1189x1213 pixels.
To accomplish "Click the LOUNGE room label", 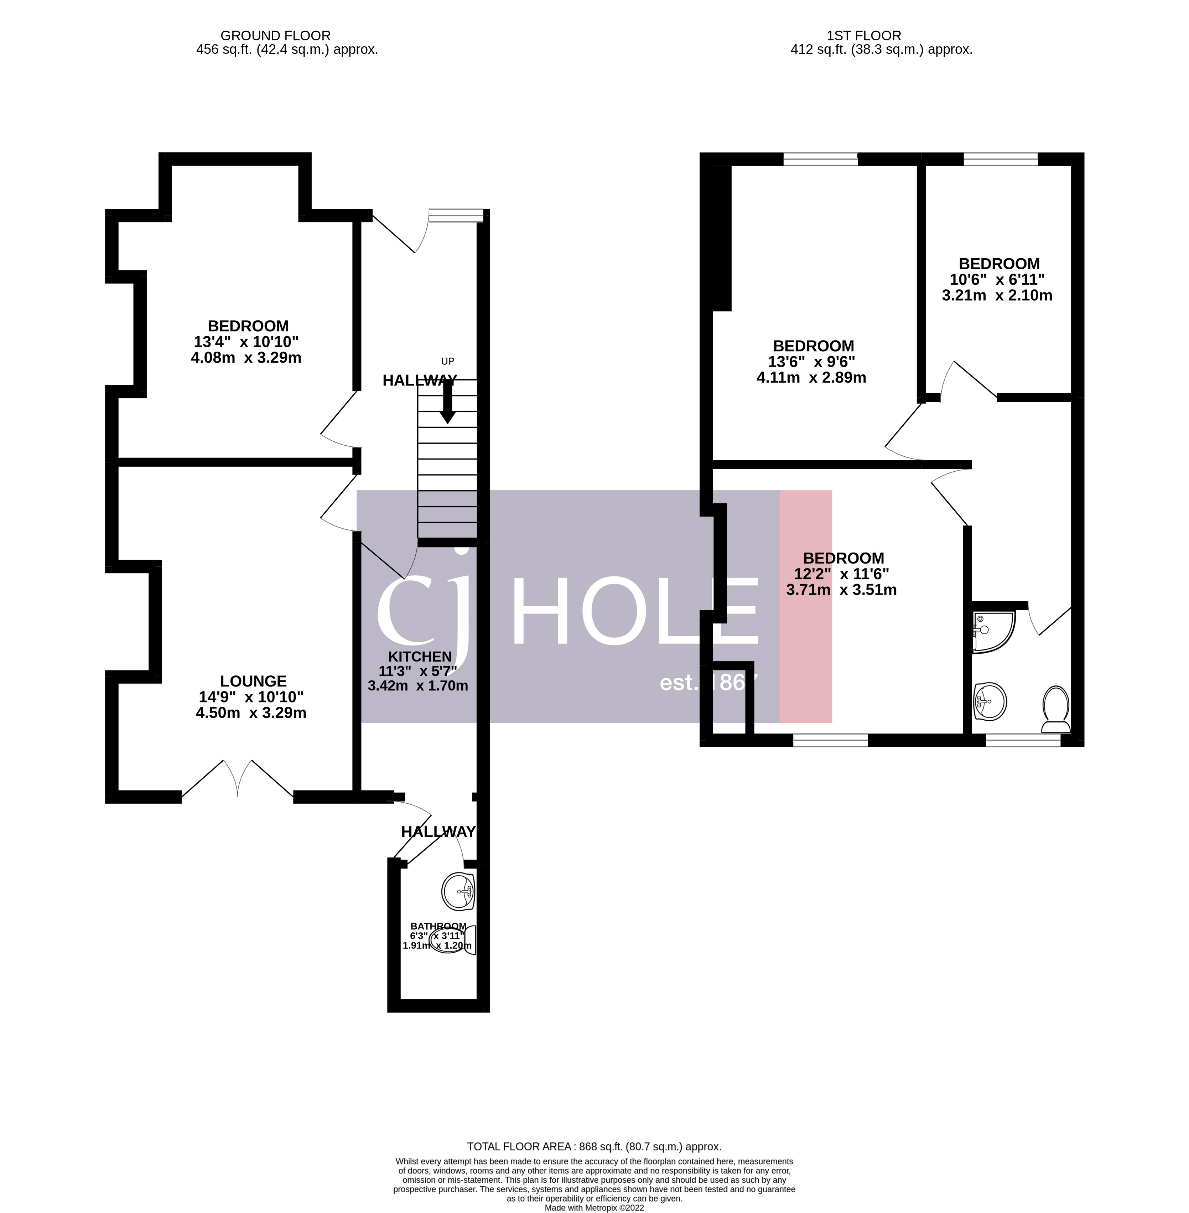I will pyautogui.click(x=253, y=681).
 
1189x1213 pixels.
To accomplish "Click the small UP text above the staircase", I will pyautogui.click(x=447, y=361).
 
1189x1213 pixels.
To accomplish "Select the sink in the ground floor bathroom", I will pyautogui.click(x=458, y=891).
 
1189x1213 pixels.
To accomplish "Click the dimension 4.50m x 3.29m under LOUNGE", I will pyautogui.click(x=251, y=713).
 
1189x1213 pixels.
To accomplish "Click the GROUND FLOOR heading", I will pyautogui.click(x=275, y=36).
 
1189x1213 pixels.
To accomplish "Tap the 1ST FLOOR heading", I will pyautogui.click(x=864, y=36).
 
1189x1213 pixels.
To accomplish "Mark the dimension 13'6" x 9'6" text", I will pyautogui.click(x=811, y=362).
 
